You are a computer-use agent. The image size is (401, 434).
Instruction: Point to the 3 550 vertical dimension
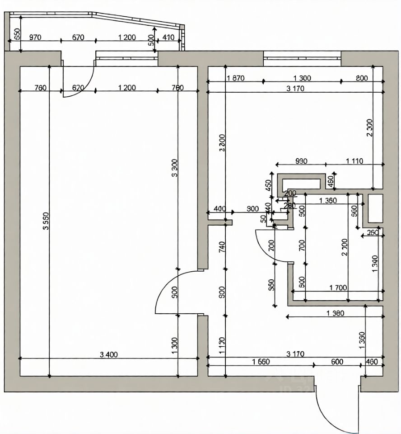45,222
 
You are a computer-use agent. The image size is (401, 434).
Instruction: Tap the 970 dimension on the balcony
35,38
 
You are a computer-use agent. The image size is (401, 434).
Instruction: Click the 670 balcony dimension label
78,38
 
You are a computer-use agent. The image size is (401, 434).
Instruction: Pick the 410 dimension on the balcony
169,38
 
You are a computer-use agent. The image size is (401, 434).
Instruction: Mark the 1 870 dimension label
235,78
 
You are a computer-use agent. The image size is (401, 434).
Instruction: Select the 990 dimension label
301,160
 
